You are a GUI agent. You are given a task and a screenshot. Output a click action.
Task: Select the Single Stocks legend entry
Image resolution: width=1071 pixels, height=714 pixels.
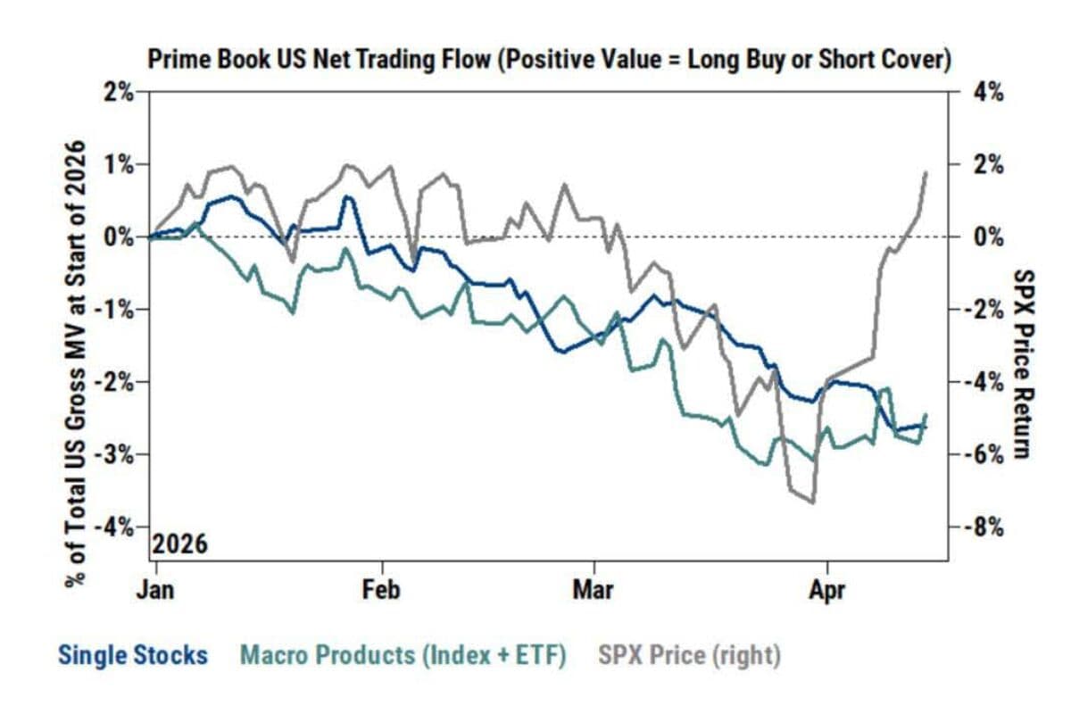point(132,656)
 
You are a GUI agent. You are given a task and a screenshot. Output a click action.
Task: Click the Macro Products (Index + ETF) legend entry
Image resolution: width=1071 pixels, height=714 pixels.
point(403,656)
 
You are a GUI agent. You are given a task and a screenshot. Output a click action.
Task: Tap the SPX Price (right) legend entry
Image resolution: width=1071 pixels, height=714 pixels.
point(688,656)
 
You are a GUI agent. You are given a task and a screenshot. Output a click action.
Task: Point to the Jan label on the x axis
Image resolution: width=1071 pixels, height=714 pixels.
point(155,591)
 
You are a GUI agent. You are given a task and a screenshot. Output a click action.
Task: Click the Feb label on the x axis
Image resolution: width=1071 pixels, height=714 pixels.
point(383,591)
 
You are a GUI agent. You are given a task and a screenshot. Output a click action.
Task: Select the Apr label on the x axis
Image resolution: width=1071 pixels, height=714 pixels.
point(827,591)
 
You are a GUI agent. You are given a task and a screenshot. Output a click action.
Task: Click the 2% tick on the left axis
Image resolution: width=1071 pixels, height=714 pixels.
point(116,92)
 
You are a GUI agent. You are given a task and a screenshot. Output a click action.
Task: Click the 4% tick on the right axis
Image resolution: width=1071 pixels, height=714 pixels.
point(986,92)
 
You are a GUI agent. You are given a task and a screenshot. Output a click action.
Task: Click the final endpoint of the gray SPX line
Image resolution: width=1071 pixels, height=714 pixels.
point(926,172)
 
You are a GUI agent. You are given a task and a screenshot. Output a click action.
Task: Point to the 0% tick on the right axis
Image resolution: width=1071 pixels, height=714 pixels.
point(986,237)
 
